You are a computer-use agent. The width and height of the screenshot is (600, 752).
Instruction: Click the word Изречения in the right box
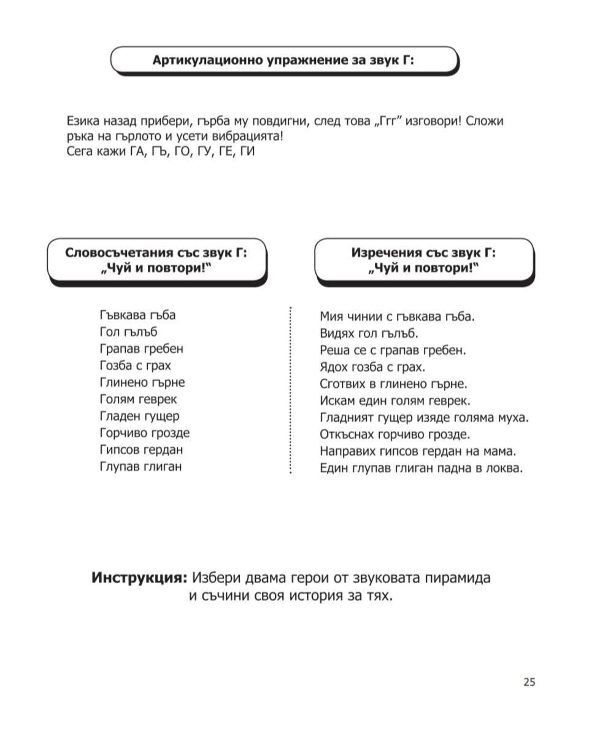coord(387,252)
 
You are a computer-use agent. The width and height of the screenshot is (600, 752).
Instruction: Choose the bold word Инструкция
coord(139,578)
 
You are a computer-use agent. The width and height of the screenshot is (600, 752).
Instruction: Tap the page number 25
coord(529,682)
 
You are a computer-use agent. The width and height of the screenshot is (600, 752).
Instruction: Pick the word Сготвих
coord(342,384)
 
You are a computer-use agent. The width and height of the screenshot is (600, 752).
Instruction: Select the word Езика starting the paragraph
coord(82,120)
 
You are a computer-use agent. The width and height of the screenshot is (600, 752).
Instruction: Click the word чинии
coord(366,317)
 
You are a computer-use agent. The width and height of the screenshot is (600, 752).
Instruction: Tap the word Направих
coord(348,452)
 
